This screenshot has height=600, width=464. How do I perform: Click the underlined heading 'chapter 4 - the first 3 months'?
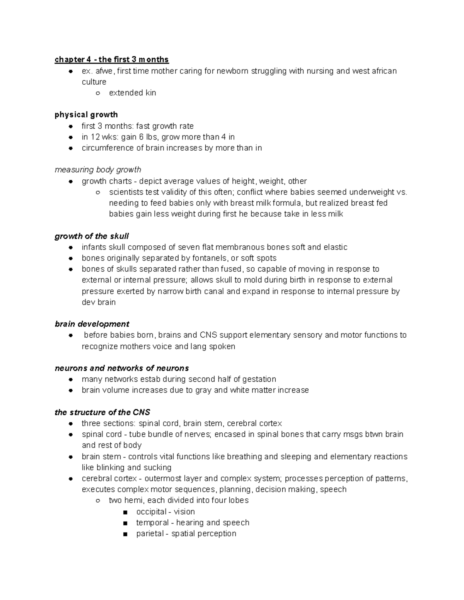[x=111, y=59]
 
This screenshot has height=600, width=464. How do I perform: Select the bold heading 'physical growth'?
[x=86, y=115]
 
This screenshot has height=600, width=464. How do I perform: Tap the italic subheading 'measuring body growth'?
[x=98, y=170]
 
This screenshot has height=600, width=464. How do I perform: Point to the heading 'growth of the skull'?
[x=92, y=236]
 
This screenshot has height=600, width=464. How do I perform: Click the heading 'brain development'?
[x=92, y=324]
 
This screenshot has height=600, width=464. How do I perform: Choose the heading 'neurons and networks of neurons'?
[x=122, y=368]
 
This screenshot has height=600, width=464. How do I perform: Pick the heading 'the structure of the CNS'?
[x=102, y=412]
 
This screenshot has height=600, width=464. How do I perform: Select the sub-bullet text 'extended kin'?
[x=132, y=93]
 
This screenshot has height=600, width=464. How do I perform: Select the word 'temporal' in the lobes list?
[x=152, y=523]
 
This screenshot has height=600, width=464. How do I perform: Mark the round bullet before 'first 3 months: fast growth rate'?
[x=70, y=126]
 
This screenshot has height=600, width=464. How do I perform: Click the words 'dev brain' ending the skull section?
[x=99, y=302]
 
